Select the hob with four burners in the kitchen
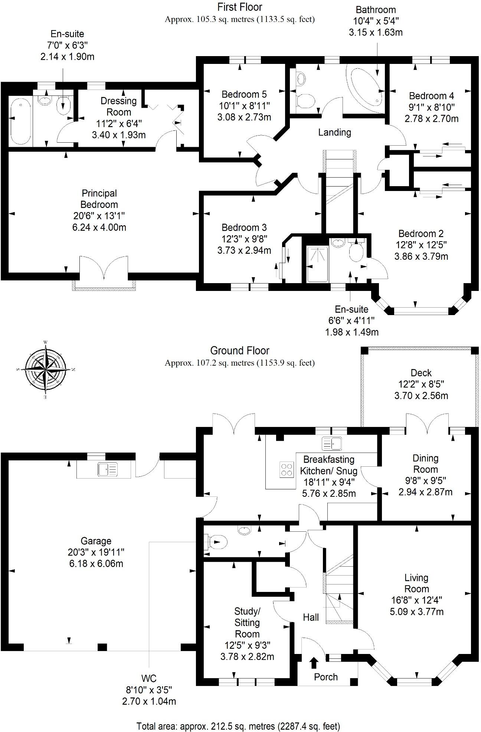click(286, 469)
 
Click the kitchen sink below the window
click(331, 444)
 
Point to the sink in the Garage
click(107, 469)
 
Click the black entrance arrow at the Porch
click(314, 663)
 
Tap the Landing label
click(334, 132)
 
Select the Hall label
click(311, 617)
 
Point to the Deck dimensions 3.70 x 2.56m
click(421, 395)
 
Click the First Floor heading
click(240, 7)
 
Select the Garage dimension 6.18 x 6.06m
click(96, 563)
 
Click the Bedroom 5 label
click(244, 94)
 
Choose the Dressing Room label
click(118, 106)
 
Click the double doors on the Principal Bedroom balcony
click(104, 268)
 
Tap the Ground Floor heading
click(239, 350)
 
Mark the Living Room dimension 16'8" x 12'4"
click(416, 600)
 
